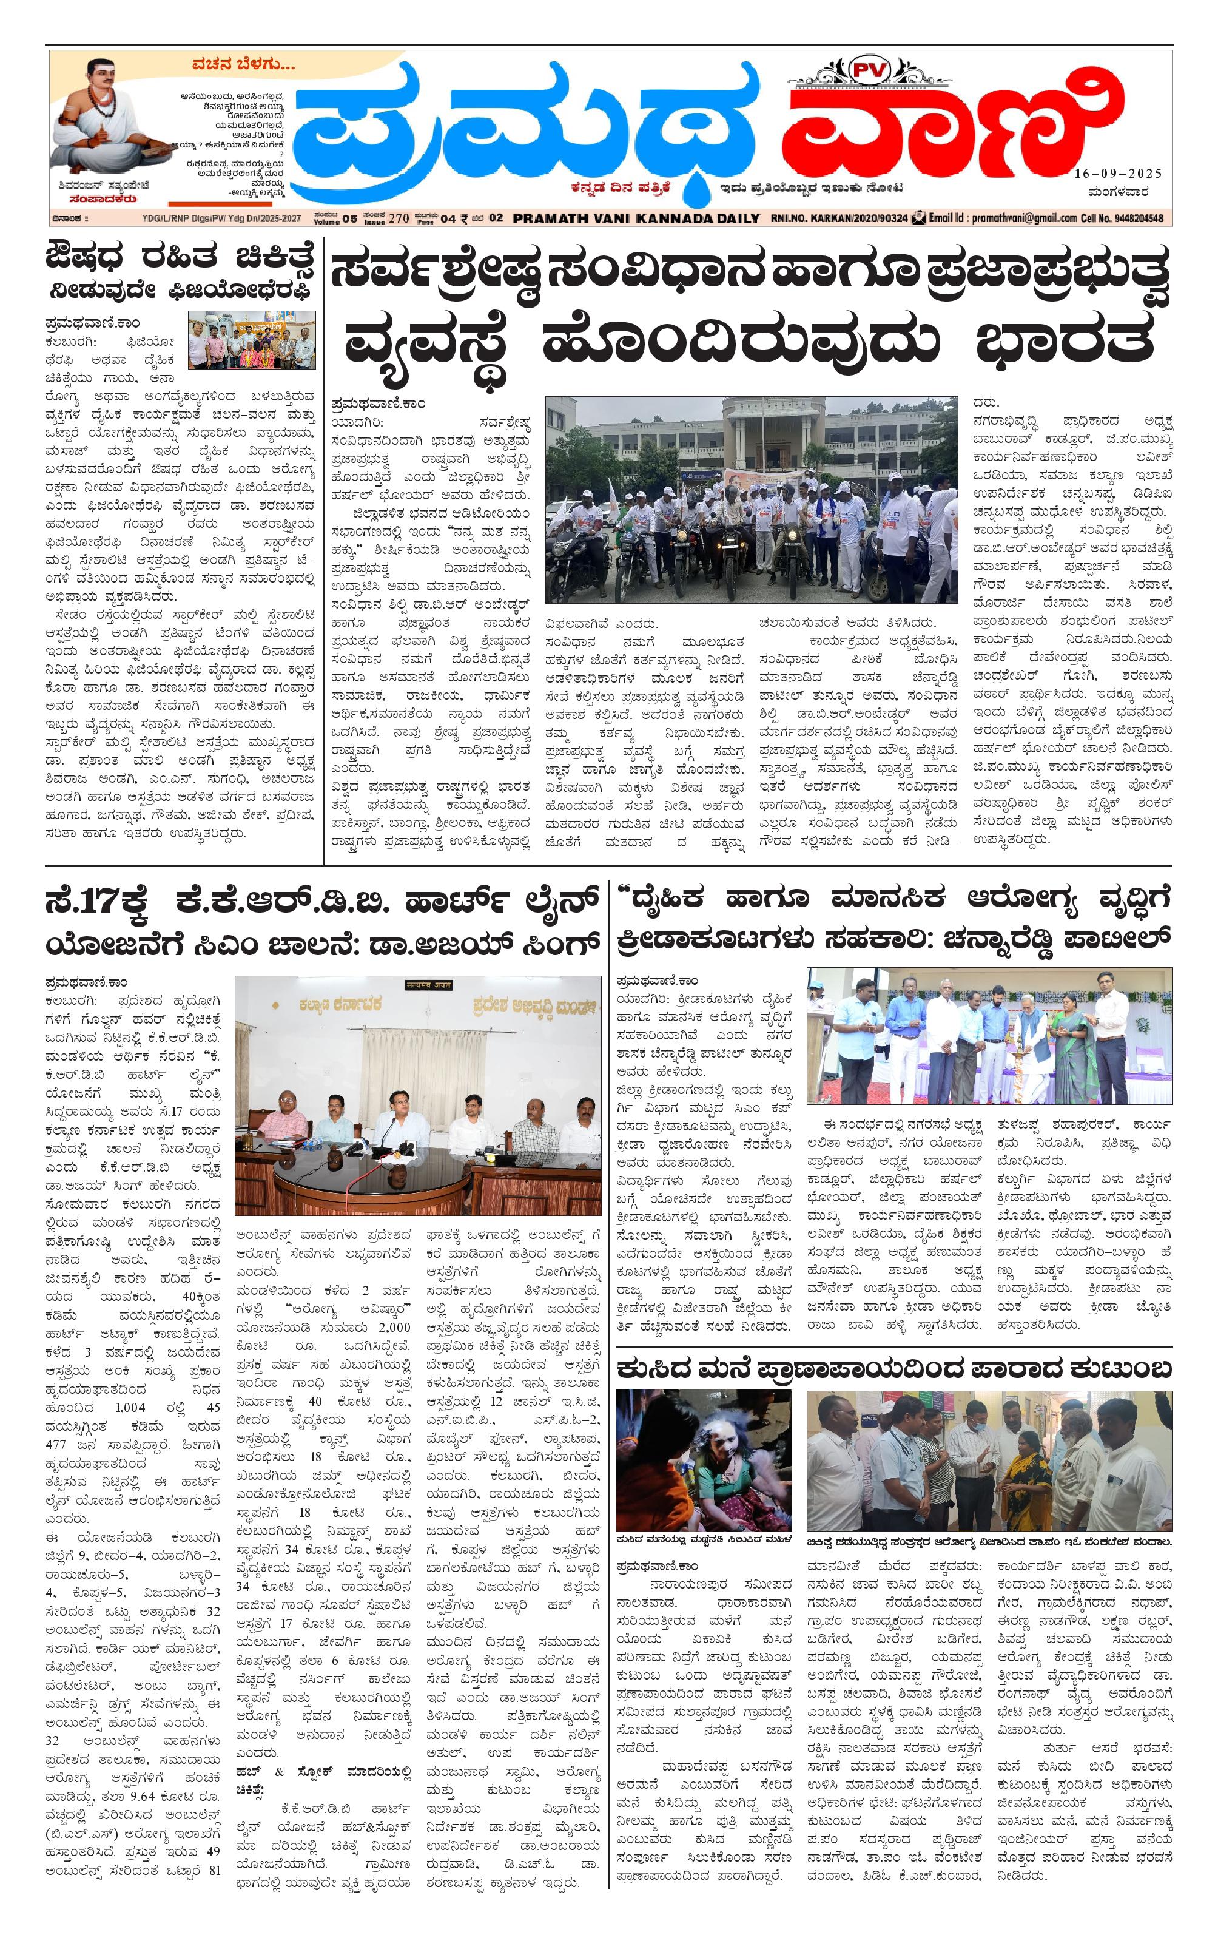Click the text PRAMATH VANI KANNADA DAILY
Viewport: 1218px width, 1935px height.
tap(637, 218)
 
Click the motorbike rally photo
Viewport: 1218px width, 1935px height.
tap(751, 499)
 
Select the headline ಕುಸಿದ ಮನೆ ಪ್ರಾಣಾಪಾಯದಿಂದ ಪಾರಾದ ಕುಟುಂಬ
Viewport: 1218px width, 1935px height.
tap(893, 1368)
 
